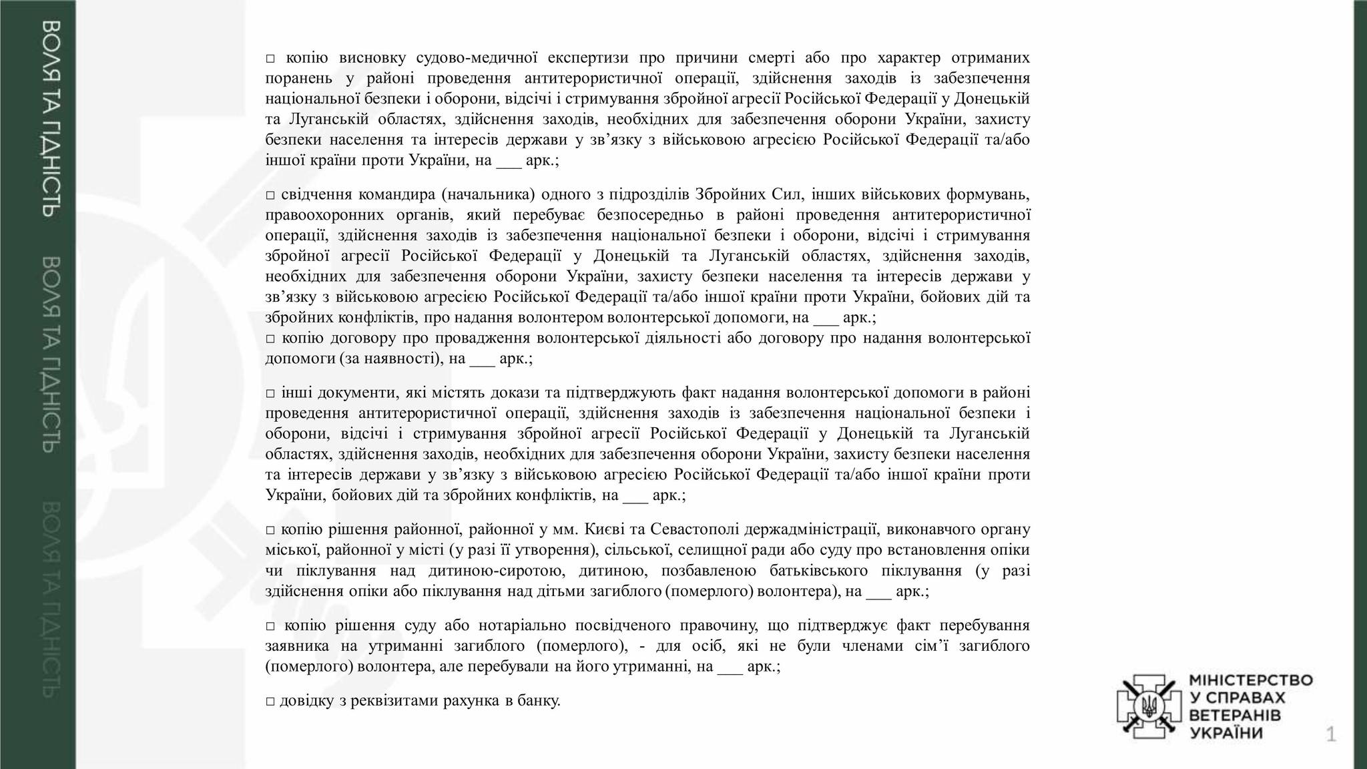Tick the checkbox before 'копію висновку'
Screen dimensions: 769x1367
point(270,59)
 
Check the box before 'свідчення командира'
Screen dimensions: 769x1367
point(270,196)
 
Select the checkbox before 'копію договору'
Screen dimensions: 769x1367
point(270,339)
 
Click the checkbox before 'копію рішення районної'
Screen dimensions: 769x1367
point(270,531)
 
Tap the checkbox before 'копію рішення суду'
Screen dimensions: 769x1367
point(270,626)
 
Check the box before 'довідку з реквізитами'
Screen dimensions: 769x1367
point(270,702)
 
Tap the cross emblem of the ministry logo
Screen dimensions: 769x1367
point(1149,706)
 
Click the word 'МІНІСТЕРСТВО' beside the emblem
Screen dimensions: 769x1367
point(1251,680)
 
